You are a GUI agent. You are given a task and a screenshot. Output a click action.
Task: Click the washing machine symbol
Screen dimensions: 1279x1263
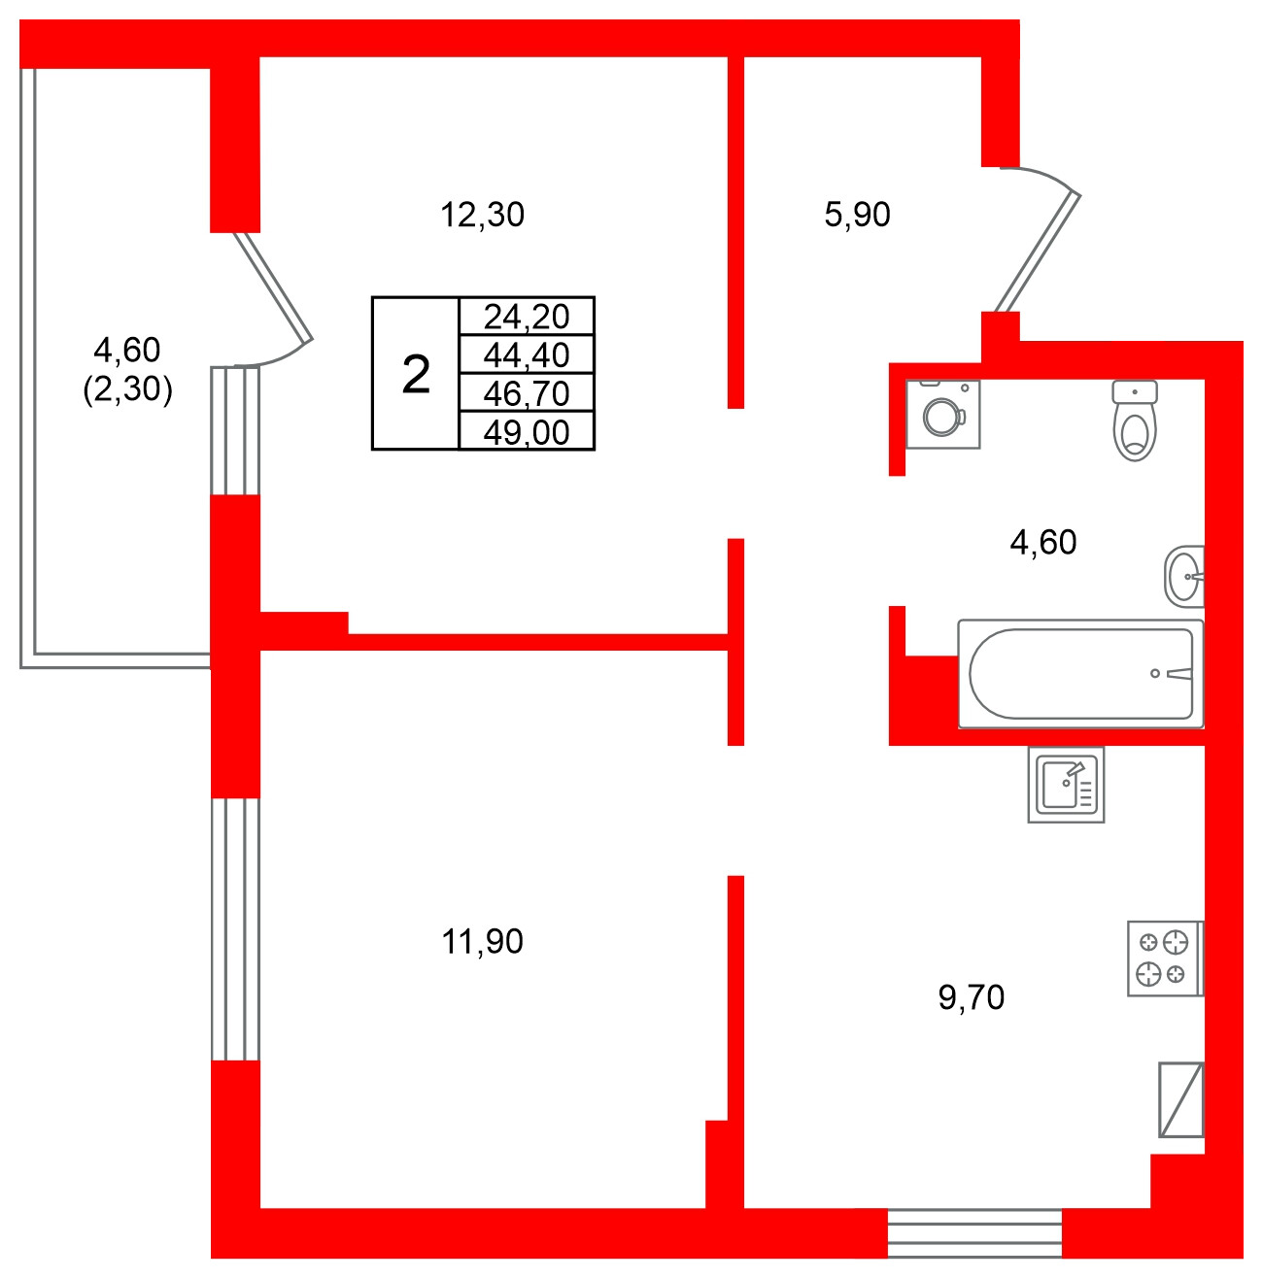tap(942, 415)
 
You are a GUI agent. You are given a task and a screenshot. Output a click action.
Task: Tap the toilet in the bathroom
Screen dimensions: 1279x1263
tap(1134, 421)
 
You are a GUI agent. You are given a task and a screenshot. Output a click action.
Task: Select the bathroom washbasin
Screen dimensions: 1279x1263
tap(1184, 576)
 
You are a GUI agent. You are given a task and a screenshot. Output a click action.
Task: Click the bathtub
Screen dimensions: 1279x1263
tap(1080, 674)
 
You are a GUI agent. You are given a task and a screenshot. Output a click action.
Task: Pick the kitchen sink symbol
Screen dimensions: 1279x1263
tap(1066, 785)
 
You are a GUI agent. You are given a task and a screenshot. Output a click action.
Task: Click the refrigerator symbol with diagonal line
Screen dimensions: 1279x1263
tap(1180, 1099)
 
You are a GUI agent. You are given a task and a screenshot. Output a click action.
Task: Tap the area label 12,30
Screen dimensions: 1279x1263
tap(482, 215)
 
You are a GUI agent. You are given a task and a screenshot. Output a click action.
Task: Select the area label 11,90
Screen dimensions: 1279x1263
tap(482, 941)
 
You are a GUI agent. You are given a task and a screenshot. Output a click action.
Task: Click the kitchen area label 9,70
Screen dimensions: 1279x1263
tap(971, 997)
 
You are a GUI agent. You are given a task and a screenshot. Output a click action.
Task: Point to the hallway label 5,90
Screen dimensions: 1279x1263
tap(857, 215)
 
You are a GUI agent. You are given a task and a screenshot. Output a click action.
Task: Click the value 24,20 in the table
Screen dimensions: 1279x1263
tap(526, 316)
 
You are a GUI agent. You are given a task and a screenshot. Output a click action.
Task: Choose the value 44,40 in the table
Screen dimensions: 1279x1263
tap(526, 354)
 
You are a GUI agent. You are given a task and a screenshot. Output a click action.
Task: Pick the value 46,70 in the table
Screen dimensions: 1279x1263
tap(526, 393)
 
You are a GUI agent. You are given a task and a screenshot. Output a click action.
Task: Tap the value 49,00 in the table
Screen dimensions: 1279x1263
tap(526, 432)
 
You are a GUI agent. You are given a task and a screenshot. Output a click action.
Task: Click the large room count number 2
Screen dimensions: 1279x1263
tap(416, 375)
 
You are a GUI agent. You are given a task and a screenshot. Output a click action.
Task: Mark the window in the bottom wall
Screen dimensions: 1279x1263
tap(974, 1233)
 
